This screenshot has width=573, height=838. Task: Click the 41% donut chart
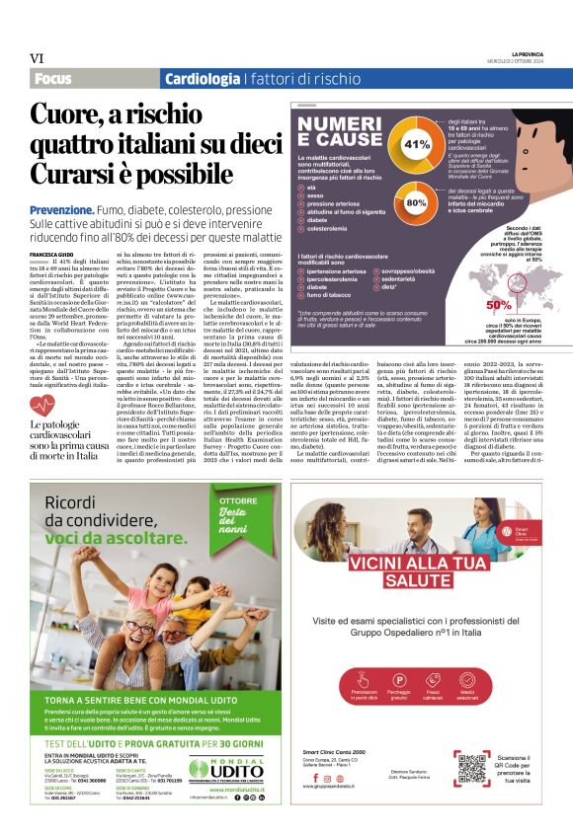[417, 144]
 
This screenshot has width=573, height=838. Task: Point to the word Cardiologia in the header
[202, 79]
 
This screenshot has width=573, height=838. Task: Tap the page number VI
[37, 59]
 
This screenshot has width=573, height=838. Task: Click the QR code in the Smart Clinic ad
[471, 767]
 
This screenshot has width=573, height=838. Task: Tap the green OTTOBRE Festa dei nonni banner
[235, 514]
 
